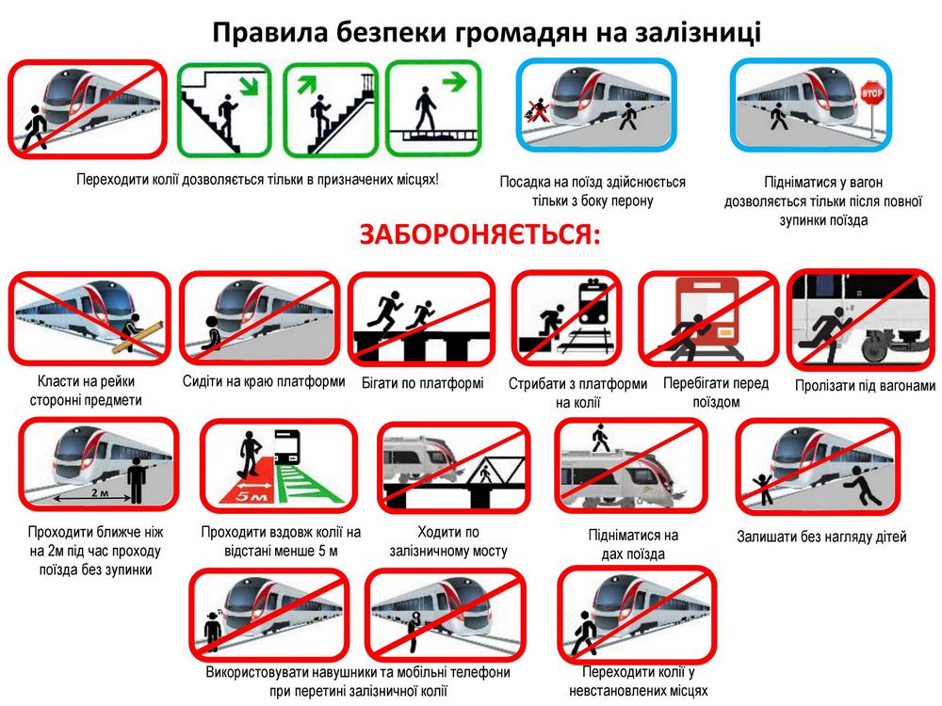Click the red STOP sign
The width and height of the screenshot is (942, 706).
tap(871, 93)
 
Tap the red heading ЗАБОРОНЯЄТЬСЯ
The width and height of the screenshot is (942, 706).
tap(479, 234)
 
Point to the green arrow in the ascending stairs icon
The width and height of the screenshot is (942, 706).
tap(306, 84)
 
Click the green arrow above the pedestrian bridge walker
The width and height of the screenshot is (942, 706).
tap(454, 80)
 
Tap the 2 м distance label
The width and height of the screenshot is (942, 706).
tap(100, 493)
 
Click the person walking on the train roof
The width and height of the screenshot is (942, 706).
tap(600, 438)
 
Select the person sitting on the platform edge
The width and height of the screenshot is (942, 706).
tap(211, 332)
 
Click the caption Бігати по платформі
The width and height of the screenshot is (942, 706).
tap(422, 383)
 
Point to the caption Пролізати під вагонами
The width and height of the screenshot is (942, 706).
tap(865, 385)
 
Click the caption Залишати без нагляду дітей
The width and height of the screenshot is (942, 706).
tap(821, 537)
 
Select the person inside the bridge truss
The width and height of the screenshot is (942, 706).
tap(485, 473)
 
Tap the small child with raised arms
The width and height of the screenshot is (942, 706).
tap(763, 489)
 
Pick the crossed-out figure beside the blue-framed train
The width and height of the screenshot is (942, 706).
tap(537, 111)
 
